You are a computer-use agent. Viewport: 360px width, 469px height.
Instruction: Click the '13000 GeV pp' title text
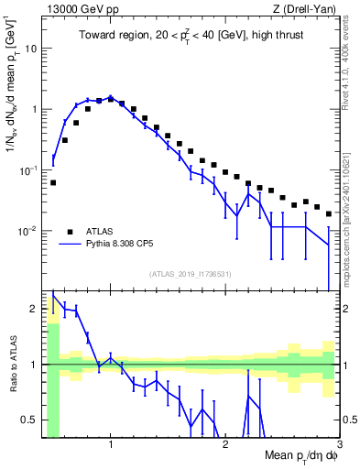point(82,9)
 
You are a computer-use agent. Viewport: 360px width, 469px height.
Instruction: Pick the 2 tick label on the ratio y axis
point(33,308)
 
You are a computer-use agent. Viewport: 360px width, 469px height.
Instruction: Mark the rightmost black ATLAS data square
point(329,213)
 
